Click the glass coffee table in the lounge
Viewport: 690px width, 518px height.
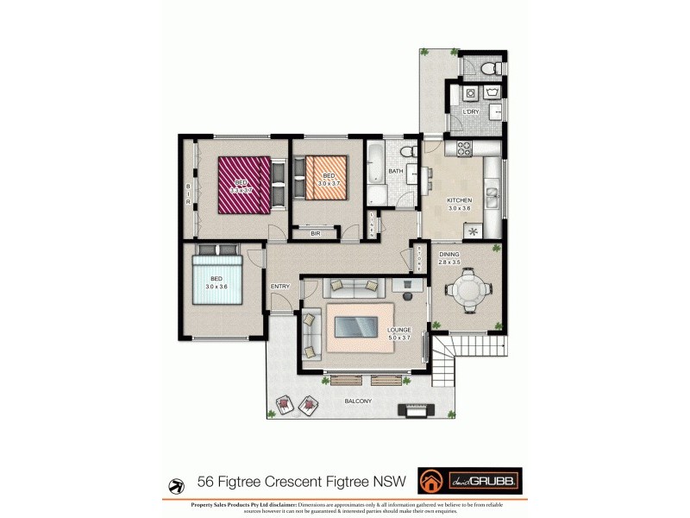pos(354,327)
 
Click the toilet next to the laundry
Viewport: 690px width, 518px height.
pos(488,66)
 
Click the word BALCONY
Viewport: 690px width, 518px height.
pos(357,401)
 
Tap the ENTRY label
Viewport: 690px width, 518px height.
pos(280,287)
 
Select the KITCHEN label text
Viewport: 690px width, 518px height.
pos(459,200)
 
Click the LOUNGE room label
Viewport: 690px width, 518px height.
pos(398,330)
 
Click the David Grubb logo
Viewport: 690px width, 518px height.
pos(469,480)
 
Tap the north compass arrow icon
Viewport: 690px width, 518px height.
pos(177,483)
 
